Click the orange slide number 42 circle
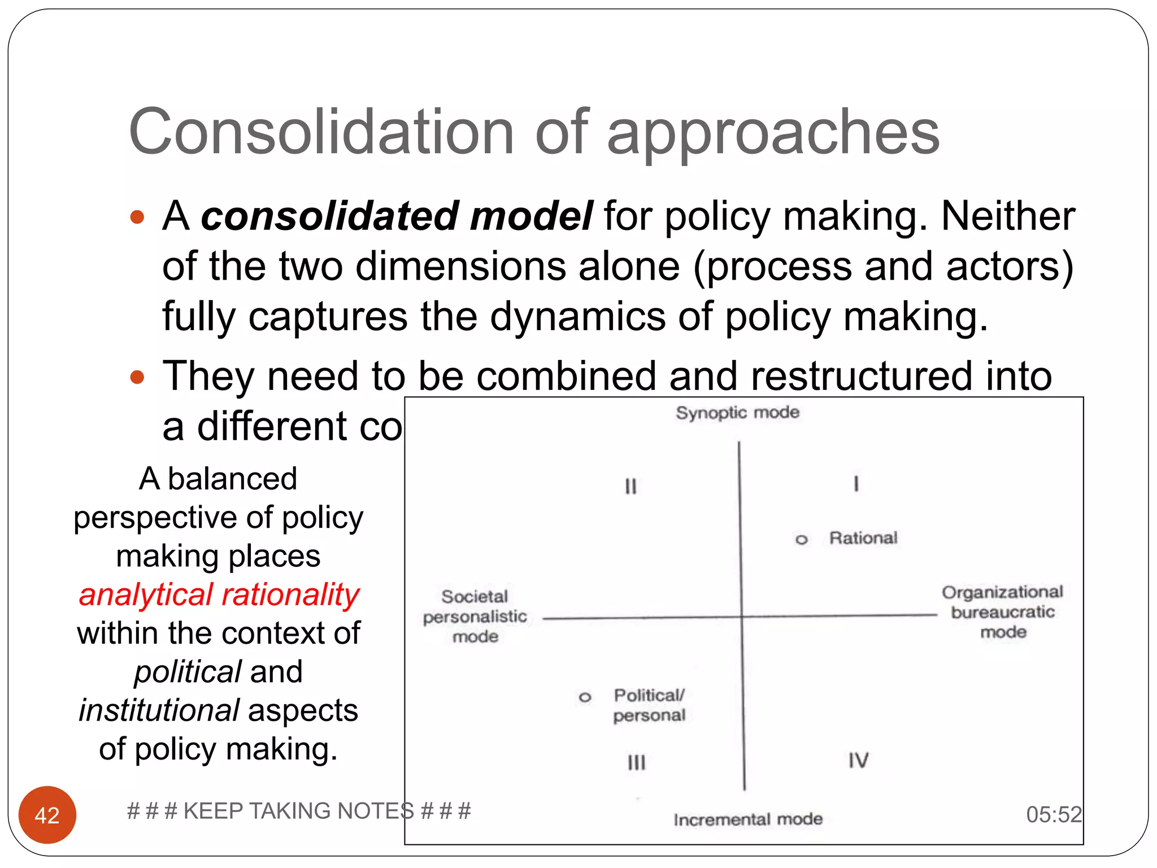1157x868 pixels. point(47,814)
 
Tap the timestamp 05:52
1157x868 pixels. point(1054,814)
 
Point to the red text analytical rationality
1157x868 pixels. point(219,594)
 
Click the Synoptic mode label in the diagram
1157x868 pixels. point(737,413)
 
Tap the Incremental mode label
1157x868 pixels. point(747,819)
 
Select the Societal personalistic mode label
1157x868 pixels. point(475,616)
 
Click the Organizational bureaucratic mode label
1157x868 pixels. point(1002,611)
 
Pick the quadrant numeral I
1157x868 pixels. point(856,484)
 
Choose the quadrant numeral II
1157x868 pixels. point(630,486)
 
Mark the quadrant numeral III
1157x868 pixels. point(636,762)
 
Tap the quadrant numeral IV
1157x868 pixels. point(858,760)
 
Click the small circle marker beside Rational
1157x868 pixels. point(801,540)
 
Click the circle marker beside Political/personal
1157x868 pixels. point(585,697)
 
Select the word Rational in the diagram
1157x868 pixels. point(863,538)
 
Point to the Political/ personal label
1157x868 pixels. point(649,705)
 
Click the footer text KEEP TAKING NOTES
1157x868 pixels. point(299,811)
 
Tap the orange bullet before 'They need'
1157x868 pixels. point(137,377)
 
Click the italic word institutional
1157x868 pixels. point(159,710)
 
